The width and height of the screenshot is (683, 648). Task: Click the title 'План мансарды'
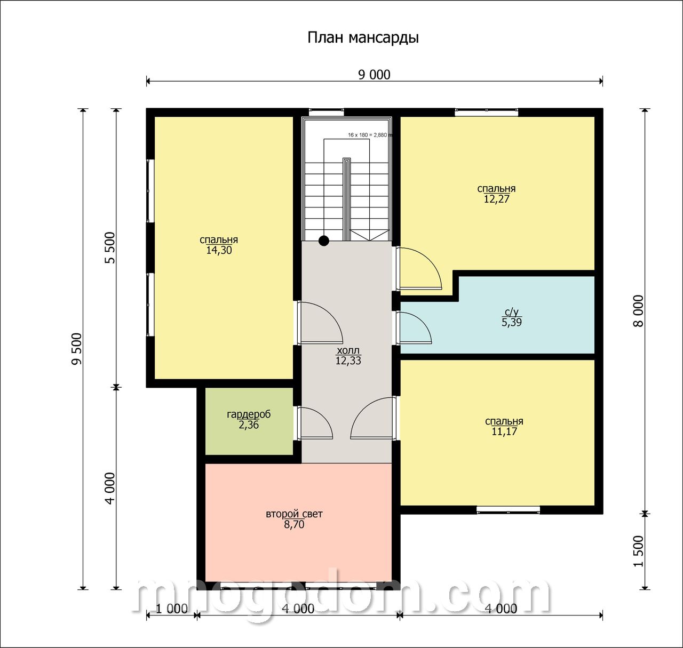pyautogui.click(x=363, y=38)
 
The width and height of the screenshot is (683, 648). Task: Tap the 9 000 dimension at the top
pyautogui.click(x=374, y=75)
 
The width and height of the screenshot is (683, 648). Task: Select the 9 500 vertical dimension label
pyautogui.click(x=76, y=349)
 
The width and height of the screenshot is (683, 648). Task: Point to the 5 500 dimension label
pyautogui.click(x=110, y=247)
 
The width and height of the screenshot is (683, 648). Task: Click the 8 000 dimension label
pyautogui.click(x=639, y=311)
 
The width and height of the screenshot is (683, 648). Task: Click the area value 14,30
pyautogui.click(x=219, y=250)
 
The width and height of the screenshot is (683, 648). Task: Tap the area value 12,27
pyautogui.click(x=496, y=198)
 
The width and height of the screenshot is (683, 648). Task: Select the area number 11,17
pyautogui.click(x=504, y=431)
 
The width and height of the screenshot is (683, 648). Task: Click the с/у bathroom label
pyautogui.click(x=512, y=312)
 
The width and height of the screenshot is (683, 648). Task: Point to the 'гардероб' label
pyautogui.click(x=249, y=414)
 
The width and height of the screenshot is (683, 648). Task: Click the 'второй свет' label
pyautogui.click(x=294, y=514)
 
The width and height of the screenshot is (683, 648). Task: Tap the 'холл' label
pyautogui.click(x=348, y=350)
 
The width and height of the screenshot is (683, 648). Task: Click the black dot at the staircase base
pyautogui.click(x=324, y=241)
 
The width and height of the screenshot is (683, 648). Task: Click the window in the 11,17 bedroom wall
pyautogui.click(x=508, y=509)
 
